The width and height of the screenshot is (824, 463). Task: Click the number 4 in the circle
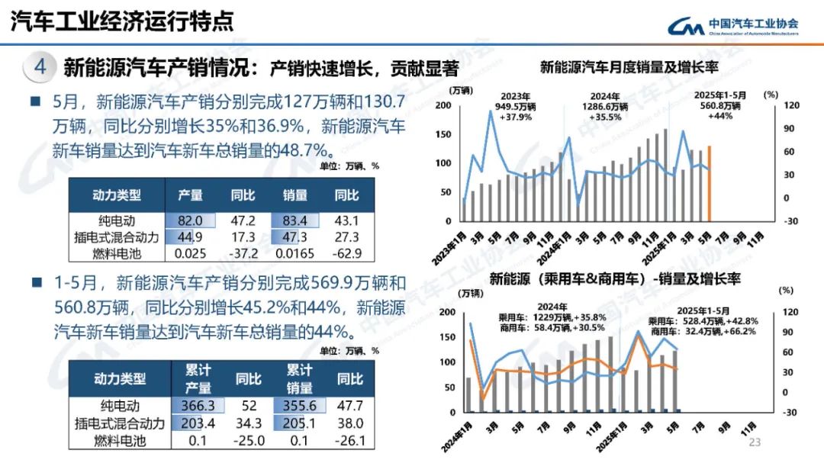tap(40, 67)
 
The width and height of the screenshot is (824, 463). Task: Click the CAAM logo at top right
tap(732, 24)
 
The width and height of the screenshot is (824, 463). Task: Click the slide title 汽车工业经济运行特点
tap(122, 21)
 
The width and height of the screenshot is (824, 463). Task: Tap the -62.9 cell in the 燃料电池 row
tap(347, 252)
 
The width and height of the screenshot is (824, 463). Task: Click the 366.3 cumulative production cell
tap(198, 406)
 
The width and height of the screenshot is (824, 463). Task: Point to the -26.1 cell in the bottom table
tap(350, 440)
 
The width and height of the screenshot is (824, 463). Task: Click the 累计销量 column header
tap(299, 378)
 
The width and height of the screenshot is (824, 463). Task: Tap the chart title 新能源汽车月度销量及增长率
tap(629, 67)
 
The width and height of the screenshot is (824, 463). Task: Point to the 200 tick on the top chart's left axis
tap(443, 104)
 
